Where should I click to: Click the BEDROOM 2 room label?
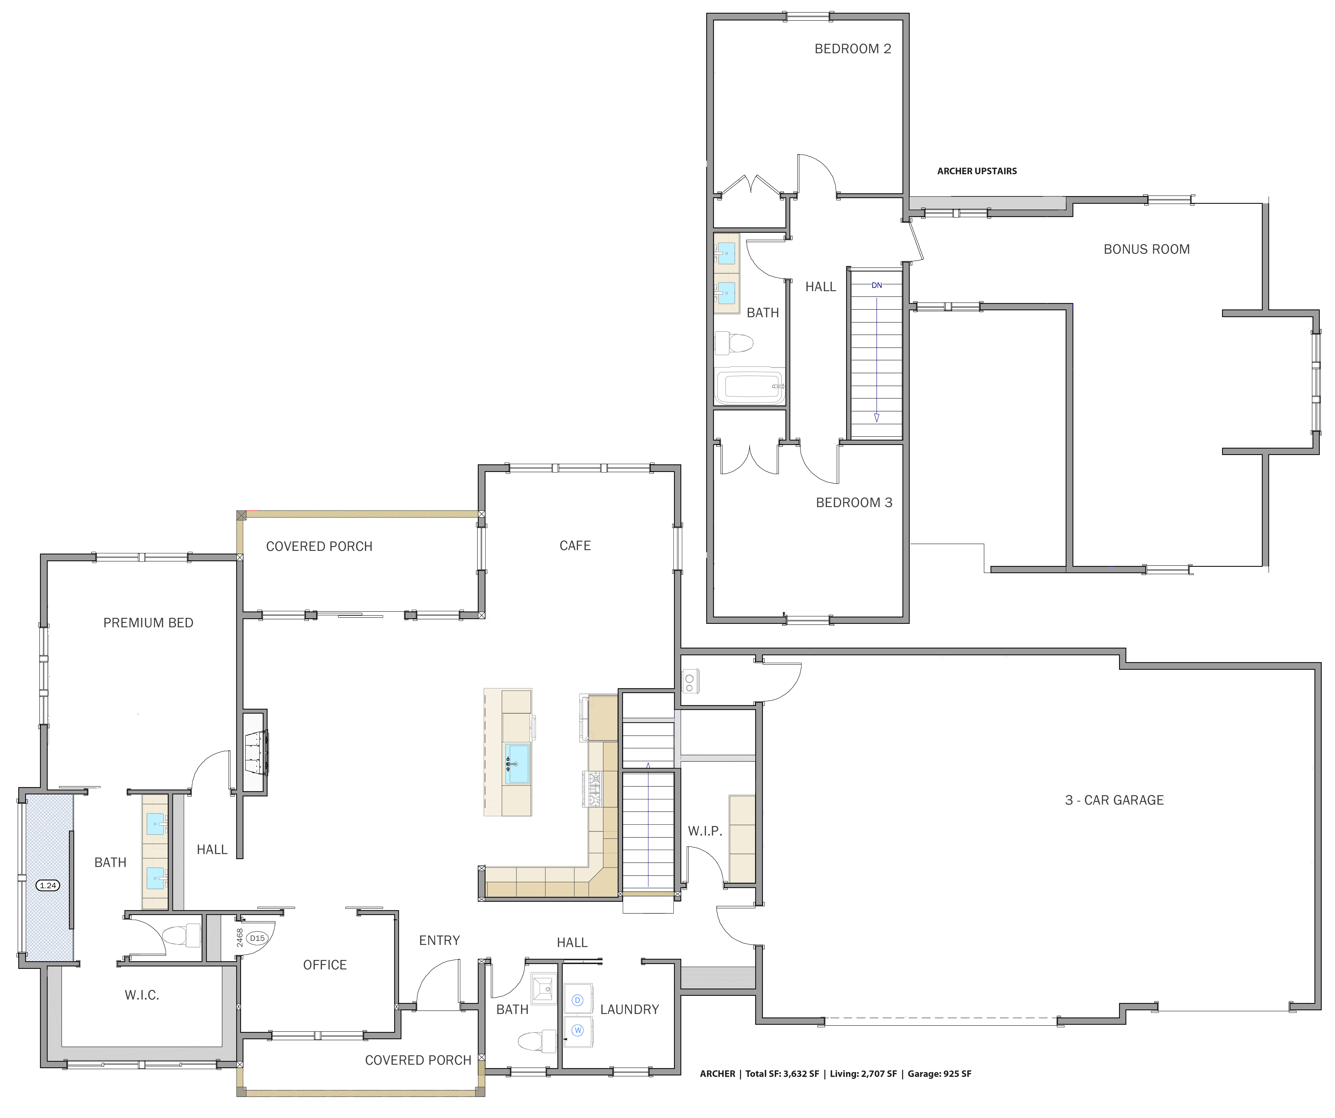tap(853, 49)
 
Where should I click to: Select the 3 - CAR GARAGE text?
tap(1114, 800)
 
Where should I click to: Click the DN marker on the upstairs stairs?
tap(877, 285)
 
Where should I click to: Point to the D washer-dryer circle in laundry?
tap(577, 1000)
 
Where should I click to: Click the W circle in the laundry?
tap(577, 1030)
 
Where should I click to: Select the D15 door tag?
tap(257, 938)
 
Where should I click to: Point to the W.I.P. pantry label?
tap(704, 831)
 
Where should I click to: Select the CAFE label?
tap(575, 546)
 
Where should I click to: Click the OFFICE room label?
tap(325, 965)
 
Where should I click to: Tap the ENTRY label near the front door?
tap(439, 941)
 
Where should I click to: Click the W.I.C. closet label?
tap(142, 995)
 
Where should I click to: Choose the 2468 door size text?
tap(240, 938)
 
